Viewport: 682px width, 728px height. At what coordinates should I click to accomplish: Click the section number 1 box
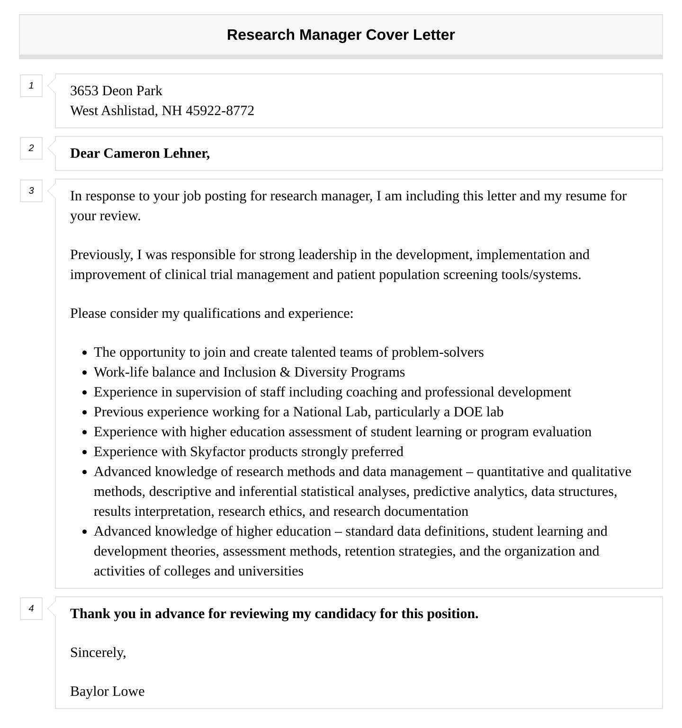tap(31, 86)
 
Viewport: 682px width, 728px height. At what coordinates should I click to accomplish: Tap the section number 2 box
tap(31, 148)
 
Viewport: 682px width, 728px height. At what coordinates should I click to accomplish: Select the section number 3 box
tap(31, 191)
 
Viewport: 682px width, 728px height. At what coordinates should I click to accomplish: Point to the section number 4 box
tap(31, 609)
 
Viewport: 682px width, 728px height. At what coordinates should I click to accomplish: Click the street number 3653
tap(84, 90)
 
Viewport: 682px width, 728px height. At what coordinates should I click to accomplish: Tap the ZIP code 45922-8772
tap(220, 110)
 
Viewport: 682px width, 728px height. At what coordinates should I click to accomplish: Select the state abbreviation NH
tap(172, 110)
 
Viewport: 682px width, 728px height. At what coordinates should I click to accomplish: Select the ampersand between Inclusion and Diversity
tap(285, 372)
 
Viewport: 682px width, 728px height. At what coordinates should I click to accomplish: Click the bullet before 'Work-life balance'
tap(84, 373)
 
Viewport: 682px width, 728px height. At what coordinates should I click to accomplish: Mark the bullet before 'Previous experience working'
tap(84, 413)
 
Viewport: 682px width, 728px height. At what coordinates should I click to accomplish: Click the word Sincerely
tap(98, 653)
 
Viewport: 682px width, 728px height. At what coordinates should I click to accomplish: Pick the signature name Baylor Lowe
tap(107, 692)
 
